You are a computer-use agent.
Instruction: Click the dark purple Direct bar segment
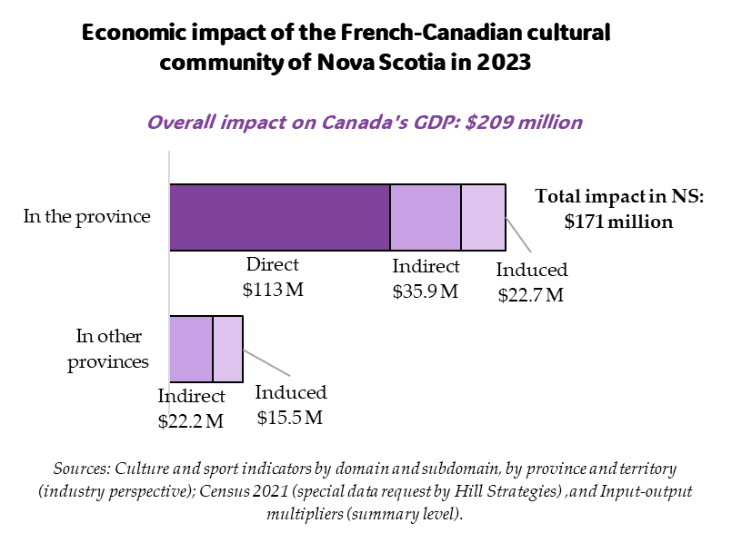[279, 216]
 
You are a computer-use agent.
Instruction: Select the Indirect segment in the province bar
[426, 216]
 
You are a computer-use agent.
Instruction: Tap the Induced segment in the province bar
[483, 216]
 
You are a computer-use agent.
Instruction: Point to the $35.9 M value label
[426, 291]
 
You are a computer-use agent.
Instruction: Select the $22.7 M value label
[531, 295]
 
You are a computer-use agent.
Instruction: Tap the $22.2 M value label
[191, 420]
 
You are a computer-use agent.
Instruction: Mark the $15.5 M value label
[289, 418]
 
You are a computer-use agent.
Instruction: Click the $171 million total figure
[618, 221]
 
